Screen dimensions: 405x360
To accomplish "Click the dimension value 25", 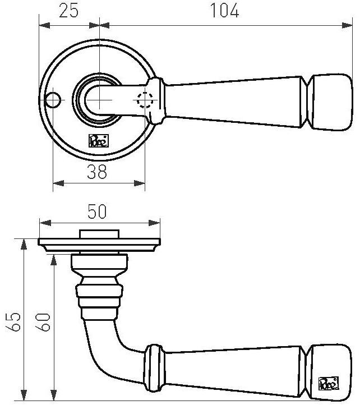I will [x=68, y=11].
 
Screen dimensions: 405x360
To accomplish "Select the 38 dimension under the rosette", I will [x=97, y=172].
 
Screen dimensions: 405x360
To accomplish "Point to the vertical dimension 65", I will [x=16, y=321].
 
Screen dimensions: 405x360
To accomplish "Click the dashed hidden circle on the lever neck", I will [x=145, y=99].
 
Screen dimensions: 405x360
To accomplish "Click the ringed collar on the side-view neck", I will [x=99, y=297].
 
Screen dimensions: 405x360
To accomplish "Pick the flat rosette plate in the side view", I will [x=99, y=243].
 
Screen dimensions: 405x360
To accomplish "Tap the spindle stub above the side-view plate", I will [x=99, y=234].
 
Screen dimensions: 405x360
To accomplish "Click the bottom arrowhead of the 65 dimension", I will [x=24, y=396].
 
